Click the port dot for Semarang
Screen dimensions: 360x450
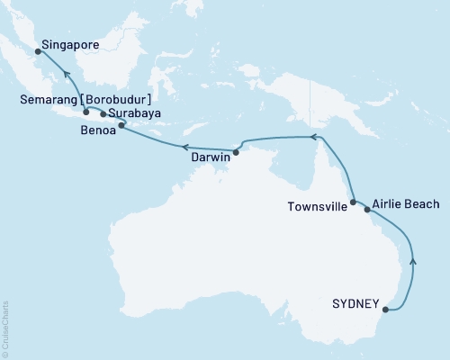(85, 112)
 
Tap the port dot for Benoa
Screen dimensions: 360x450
(122, 126)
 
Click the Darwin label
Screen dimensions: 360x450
(209, 157)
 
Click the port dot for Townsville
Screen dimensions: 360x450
(353, 202)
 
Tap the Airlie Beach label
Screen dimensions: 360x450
(404, 205)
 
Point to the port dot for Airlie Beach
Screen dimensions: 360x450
(366, 209)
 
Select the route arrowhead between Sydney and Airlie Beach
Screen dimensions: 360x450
(413, 260)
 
